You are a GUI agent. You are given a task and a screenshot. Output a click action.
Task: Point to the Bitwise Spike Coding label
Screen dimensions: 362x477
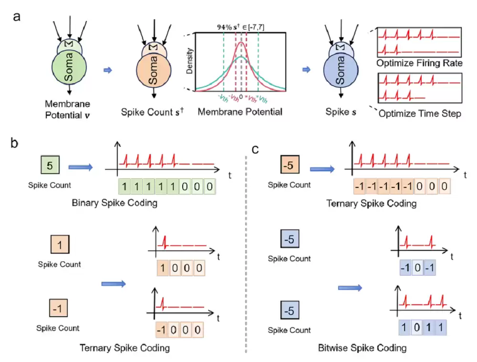point(362,348)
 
